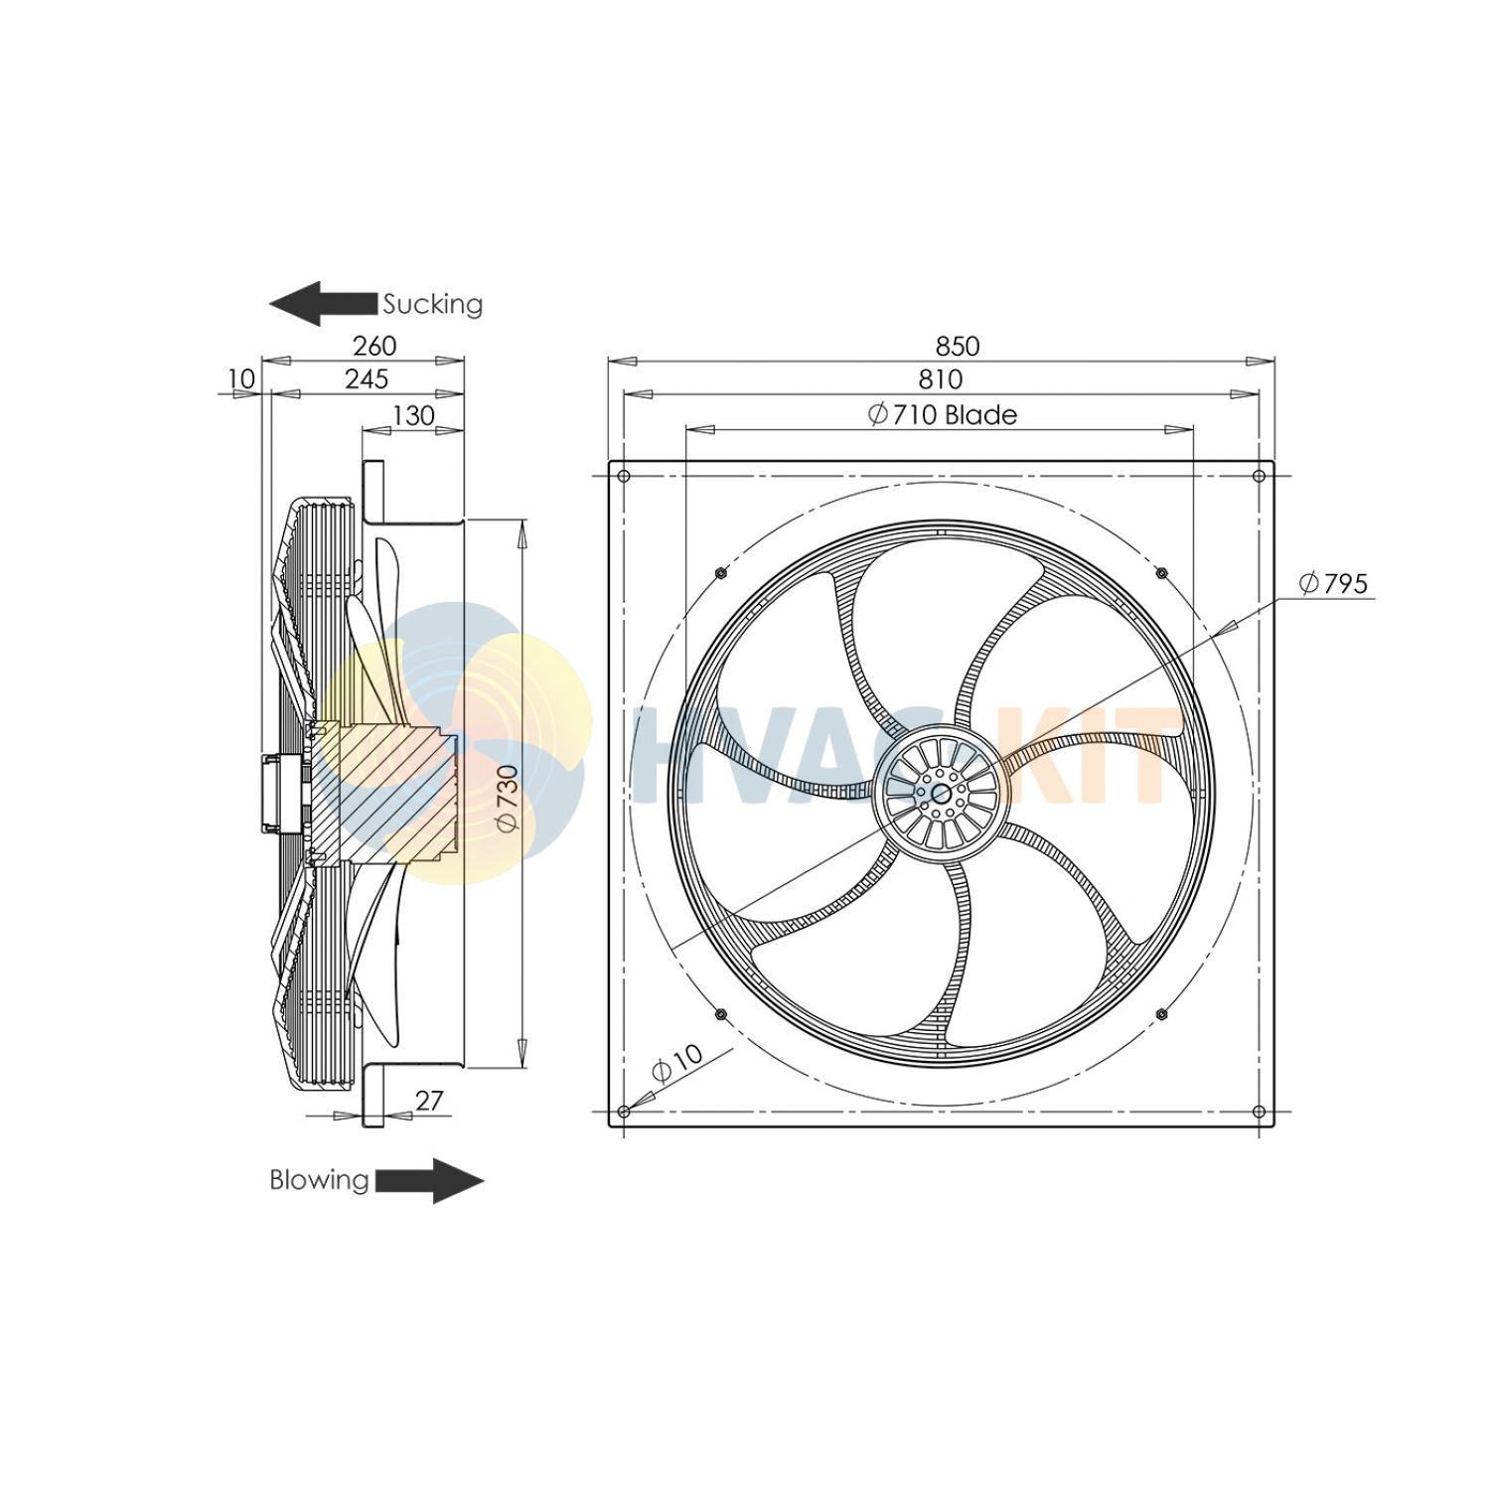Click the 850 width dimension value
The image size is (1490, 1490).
tap(957, 346)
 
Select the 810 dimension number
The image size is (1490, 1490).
tap(940, 379)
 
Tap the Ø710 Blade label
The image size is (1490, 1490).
tap(942, 415)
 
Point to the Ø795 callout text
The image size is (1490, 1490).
tap(1333, 584)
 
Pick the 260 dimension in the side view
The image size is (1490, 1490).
tap(374, 346)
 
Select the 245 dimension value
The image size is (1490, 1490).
tap(367, 379)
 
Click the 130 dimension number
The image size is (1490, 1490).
tap(413, 415)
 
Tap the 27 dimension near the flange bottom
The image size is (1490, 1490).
tap(429, 1101)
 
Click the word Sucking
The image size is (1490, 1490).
tap(433, 304)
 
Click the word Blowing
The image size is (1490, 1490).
tap(319, 1180)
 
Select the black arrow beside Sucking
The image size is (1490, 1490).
tap(324, 303)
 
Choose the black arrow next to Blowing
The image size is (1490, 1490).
tap(429, 1180)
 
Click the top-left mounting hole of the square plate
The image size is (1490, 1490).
tap(624, 476)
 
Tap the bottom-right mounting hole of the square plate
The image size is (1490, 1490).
tap(1260, 1112)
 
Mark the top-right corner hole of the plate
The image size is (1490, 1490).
tap(1260, 476)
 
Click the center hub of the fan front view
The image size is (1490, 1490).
tap(941, 793)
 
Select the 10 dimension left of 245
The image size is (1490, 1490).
tap(241, 379)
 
